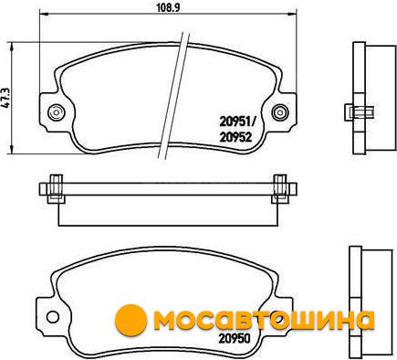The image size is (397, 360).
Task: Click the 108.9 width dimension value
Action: click(x=168, y=7)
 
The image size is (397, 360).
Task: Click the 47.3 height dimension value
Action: click(x=6, y=99)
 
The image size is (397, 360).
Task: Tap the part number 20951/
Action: click(x=238, y=123)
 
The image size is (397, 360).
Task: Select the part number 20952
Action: click(x=235, y=138)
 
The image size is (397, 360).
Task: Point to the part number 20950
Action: click(x=235, y=338)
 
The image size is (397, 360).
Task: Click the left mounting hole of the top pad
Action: click(x=56, y=112)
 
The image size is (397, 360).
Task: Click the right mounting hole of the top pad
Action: click(x=280, y=112)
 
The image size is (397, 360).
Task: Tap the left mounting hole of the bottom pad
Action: click(x=53, y=317)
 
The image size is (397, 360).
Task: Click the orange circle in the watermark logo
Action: click(x=131, y=320)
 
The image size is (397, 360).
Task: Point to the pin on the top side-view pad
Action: click(x=359, y=112)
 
